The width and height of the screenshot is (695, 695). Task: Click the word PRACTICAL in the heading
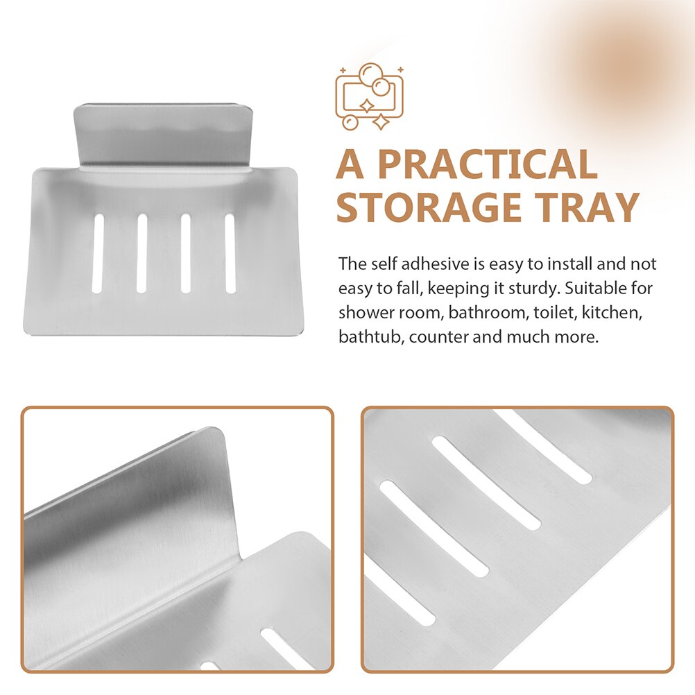click(x=488, y=165)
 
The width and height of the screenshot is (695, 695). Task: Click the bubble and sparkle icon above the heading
click(x=369, y=96)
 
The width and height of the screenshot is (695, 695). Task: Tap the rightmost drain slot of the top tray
click(x=230, y=253)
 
